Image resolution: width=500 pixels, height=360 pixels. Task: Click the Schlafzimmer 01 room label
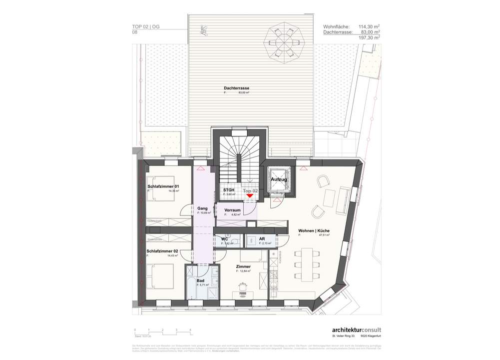[x=163, y=186]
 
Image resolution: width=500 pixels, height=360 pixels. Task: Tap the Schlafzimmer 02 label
[x=162, y=251]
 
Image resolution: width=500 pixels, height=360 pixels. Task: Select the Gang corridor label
[x=202, y=208]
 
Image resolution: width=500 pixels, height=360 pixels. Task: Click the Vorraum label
[x=233, y=210]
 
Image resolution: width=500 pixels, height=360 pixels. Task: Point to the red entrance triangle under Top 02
[x=250, y=196]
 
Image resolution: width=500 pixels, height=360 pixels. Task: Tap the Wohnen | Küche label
[x=314, y=230]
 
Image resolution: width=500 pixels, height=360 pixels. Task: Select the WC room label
[x=225, y=239]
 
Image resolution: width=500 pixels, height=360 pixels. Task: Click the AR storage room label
[x=262, y=239]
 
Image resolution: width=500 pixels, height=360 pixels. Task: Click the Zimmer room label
[x=243, y=266]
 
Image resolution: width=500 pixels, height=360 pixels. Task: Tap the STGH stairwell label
[x=229, y=190]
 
